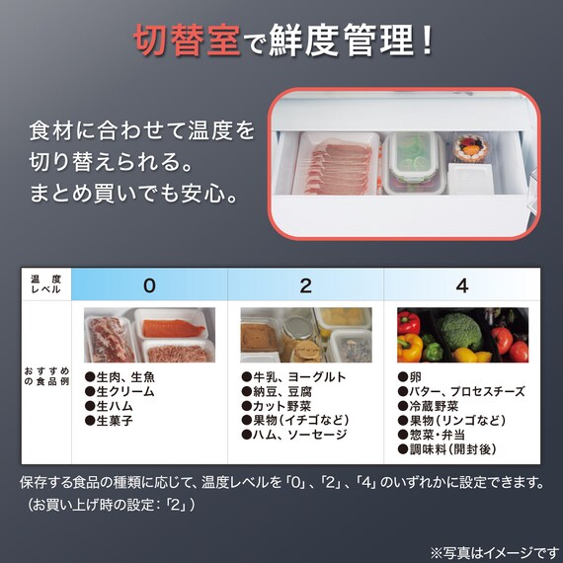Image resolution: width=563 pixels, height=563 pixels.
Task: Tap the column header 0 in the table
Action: point(149,286)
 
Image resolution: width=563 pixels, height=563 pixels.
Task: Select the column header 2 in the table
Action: point(305,286)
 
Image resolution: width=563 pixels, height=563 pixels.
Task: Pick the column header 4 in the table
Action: point(462,286)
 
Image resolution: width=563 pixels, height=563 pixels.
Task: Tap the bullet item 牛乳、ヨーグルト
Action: point(293,376)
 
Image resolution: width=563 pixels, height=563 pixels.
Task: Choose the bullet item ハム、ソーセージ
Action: point(294,435)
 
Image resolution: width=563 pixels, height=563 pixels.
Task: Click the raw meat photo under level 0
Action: point(149,336)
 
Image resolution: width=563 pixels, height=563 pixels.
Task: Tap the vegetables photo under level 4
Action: point(462,336)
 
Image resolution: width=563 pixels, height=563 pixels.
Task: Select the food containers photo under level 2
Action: point(305,336)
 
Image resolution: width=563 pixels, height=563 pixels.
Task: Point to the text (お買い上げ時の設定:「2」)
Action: point(111,505)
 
